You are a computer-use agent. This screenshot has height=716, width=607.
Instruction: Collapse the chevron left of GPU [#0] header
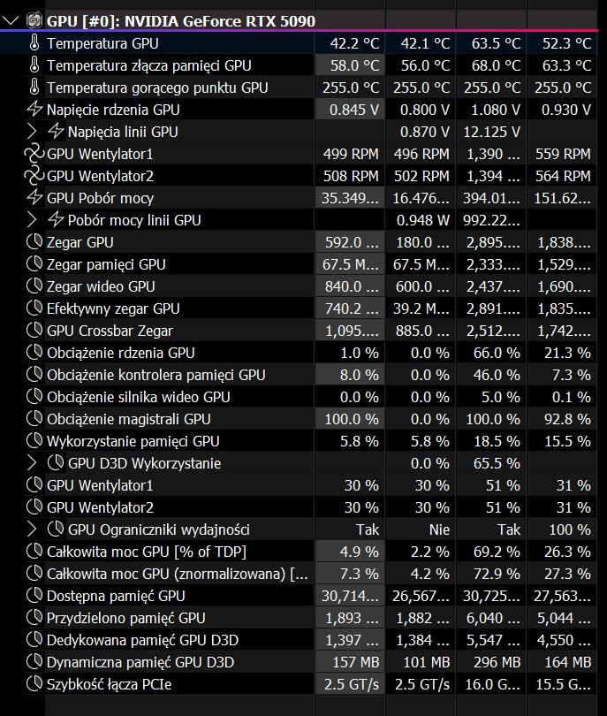click(x=11, y=20)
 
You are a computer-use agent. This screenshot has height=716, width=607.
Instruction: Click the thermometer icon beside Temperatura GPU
click(x=34, y=43)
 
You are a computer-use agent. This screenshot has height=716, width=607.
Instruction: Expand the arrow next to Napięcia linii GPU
click(x=34, y=132)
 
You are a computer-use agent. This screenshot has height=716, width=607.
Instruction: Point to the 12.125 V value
click(x=489, y=132)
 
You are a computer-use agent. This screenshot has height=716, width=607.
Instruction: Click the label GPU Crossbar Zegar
click(x=110, y=331)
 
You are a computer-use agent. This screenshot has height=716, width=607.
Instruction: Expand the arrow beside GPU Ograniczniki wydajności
click(x=34, y=529)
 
